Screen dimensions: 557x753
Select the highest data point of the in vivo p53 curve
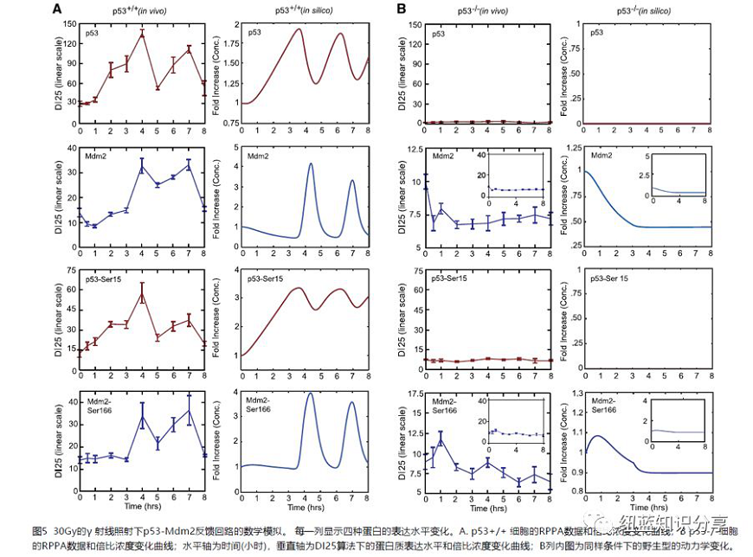[x=142, y=34]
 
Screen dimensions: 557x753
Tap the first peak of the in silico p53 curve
[x=299, y=29]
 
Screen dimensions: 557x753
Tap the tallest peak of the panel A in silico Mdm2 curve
[x=310, y=163]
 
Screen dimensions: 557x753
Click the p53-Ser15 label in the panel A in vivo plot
[x=103, y=279]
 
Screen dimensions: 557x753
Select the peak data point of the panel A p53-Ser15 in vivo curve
[x=142, y=294]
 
